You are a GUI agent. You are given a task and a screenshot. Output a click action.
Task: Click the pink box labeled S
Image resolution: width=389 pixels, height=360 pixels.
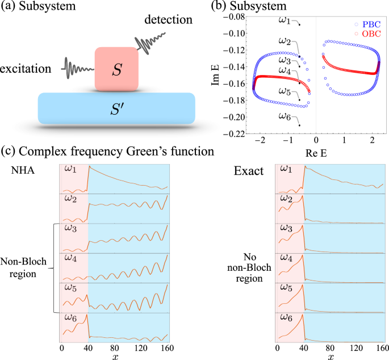click(x=116, y=68)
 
